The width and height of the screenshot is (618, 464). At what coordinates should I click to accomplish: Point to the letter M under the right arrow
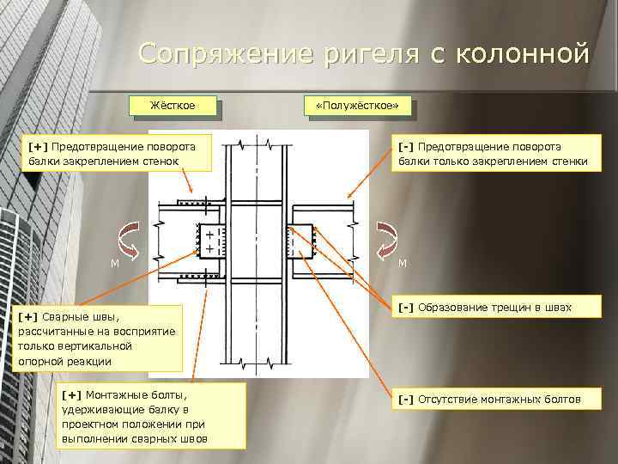(402, 263)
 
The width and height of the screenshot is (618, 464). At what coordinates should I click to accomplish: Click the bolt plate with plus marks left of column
(209, 241)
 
